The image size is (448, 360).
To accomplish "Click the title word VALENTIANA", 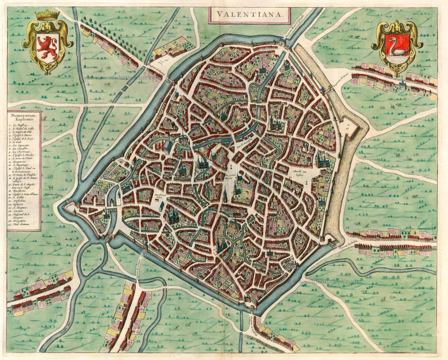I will [x=248, y=14].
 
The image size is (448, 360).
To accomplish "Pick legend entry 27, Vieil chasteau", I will [x=21, y=224].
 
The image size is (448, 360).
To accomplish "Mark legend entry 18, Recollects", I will [x=21, y=191].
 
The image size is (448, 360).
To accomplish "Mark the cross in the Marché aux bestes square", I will [x=306, y=183].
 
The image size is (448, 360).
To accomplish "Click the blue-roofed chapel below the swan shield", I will [x=403, y=86].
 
